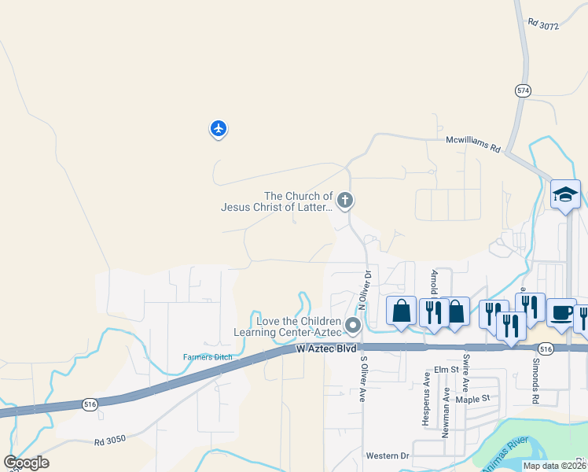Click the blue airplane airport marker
[218, 128]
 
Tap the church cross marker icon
[344, 201]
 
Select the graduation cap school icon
[565, 194]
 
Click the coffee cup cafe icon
[560, 312]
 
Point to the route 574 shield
[523, 90]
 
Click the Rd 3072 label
[543, 26]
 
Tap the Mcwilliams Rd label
[473, 142]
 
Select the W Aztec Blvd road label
[327, 347]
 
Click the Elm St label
[446, 369]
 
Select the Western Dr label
[388, 455]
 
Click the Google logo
[27, 463]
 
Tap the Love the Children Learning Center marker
[353, 325]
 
